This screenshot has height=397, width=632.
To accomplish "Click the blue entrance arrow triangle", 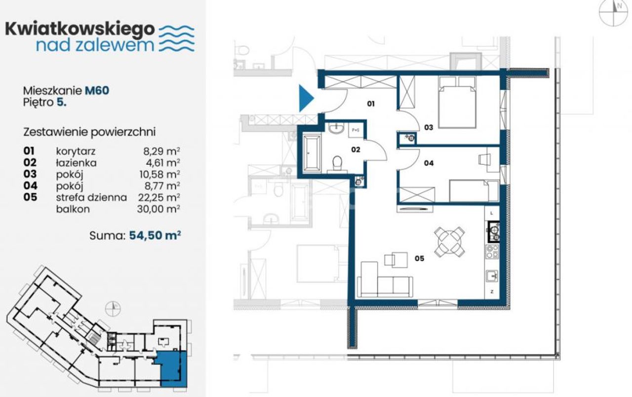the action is click(305, 98).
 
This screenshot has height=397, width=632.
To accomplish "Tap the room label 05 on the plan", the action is click(419, 258).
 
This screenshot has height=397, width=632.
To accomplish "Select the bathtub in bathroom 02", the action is click(312, 153).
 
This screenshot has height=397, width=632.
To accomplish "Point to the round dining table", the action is click(449, 242).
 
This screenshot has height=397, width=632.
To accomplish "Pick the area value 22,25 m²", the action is click(159, 197).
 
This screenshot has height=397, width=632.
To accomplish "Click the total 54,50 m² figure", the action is click(155, 235).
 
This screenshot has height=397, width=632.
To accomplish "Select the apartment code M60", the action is click(97, 90).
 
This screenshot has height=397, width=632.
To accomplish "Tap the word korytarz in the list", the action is click(76, 151).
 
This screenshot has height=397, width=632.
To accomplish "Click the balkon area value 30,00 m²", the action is click(158, 209).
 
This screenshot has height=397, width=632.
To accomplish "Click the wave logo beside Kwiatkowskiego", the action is click(177, 39).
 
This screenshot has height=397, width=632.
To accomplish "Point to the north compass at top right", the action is click(613, 13).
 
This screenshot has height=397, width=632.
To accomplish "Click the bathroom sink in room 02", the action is click(336, 128).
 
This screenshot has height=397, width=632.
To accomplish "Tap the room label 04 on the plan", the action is click(429, 163).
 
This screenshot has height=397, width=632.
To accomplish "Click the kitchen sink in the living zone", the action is click(492, 275).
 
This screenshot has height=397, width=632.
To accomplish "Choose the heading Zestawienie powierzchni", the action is click(89, 132).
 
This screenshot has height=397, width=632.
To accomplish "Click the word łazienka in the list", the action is click(76, 163).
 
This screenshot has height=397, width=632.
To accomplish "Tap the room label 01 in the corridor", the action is click(371, 104).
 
